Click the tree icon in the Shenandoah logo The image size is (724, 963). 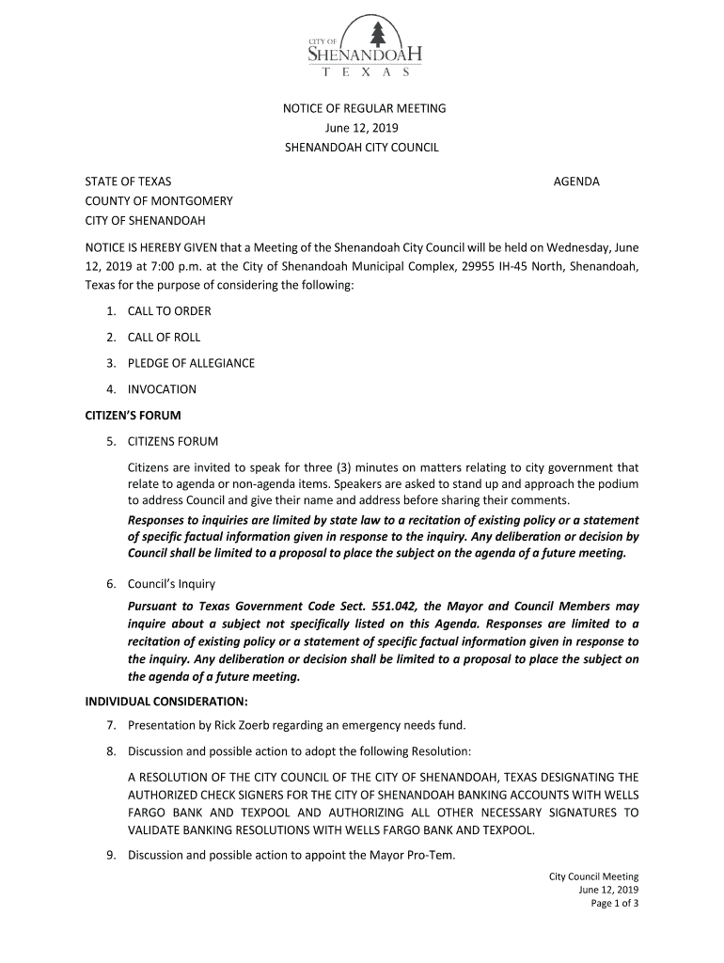378,35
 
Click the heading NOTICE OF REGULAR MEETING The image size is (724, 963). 365,108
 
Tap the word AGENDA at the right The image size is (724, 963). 575,182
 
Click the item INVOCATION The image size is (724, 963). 162,389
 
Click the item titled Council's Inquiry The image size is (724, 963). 171,584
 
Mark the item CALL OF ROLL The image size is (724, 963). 164,338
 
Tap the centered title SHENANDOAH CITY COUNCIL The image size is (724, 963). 363,148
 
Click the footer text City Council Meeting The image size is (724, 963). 594,877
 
